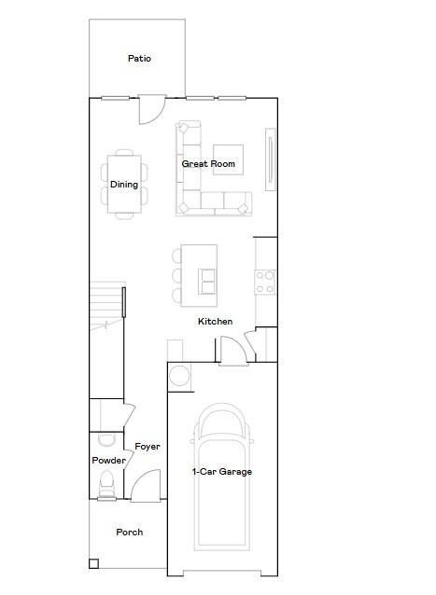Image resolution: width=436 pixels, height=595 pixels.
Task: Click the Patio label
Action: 139,59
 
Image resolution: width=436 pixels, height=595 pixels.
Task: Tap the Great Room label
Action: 208,164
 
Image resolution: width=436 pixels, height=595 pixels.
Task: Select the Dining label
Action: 124,185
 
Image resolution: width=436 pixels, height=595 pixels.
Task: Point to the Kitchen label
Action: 215,322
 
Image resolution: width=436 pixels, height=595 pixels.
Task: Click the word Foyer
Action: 147,447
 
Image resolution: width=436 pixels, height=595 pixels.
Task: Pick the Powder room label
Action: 108,461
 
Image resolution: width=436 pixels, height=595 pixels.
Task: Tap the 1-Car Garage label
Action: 222,472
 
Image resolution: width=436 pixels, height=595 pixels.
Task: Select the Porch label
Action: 129,533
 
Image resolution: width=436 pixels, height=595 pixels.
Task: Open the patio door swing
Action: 150,110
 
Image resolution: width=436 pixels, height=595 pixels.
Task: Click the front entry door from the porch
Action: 146,487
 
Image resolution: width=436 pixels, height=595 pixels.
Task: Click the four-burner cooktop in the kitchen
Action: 265,282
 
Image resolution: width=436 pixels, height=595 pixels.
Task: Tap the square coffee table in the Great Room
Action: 228,159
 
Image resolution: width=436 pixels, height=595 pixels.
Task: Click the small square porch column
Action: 93,563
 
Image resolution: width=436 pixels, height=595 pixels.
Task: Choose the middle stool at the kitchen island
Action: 177,276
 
